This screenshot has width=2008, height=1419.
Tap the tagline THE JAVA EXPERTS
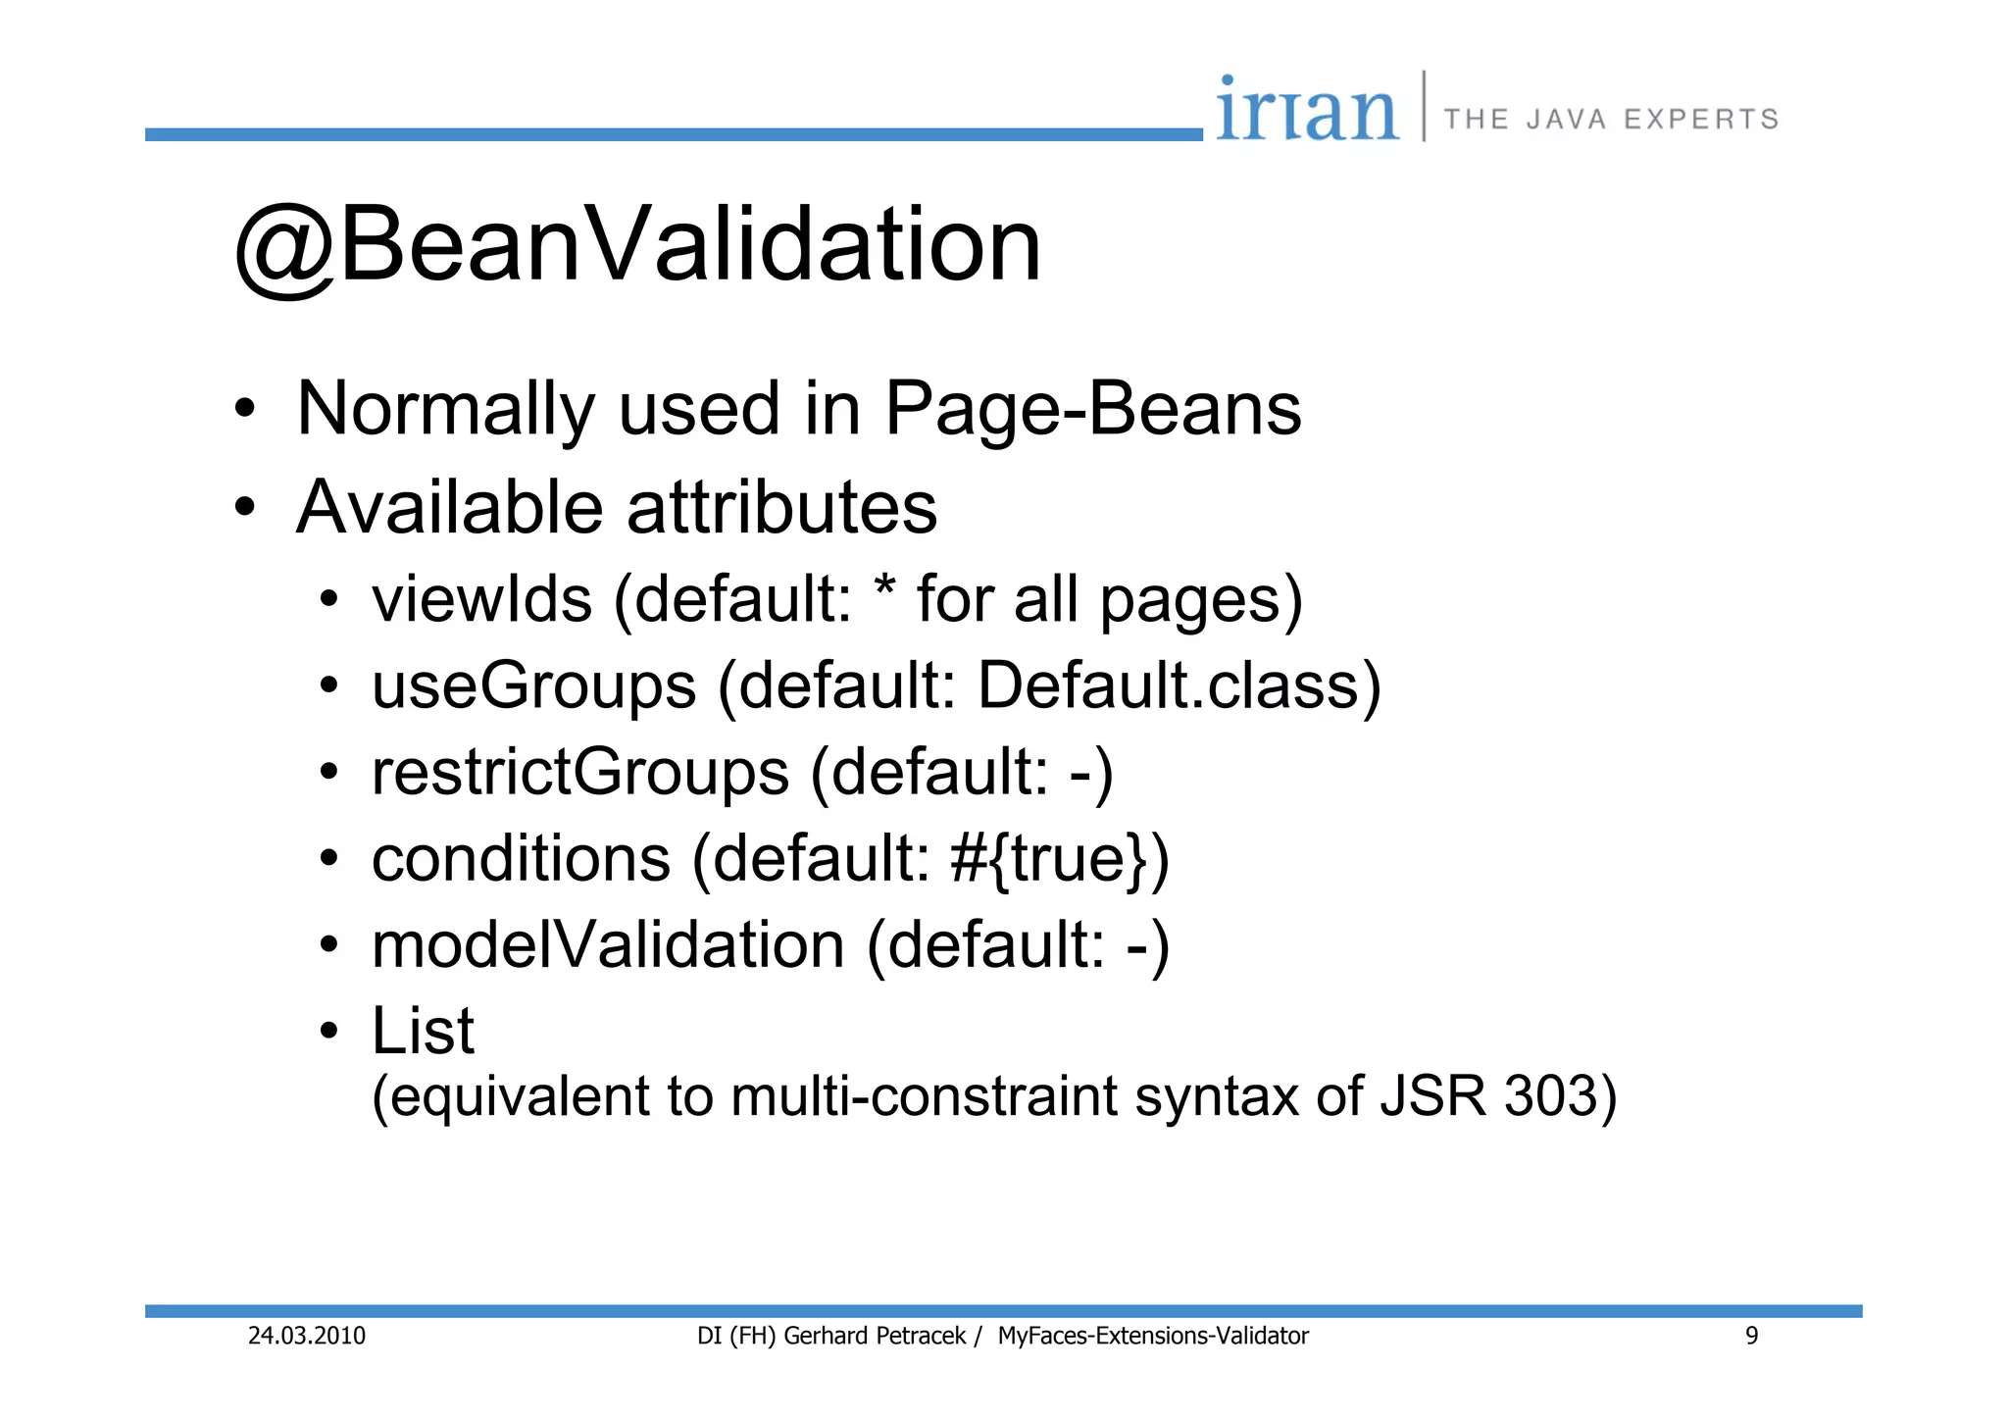click(x=1611, y=120)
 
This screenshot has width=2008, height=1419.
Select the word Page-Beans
click(x=1092, y=409)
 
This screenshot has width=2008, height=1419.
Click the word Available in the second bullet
click(x=449, y=508)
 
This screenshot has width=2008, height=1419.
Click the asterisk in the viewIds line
click(x=884, y=589)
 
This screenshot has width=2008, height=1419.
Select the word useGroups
click(x=533, y=685)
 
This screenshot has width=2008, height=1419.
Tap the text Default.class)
click(x=1180, y=685)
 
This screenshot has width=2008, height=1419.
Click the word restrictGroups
click(x=580, y=772)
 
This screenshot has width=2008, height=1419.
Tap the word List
click(x=423, y=1031)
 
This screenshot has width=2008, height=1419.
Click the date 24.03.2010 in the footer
click(x=306, y=1336)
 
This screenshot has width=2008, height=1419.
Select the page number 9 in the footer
click(x=1751, y=1336)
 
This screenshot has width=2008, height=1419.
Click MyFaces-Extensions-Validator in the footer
click(x=1153, y=1336)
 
